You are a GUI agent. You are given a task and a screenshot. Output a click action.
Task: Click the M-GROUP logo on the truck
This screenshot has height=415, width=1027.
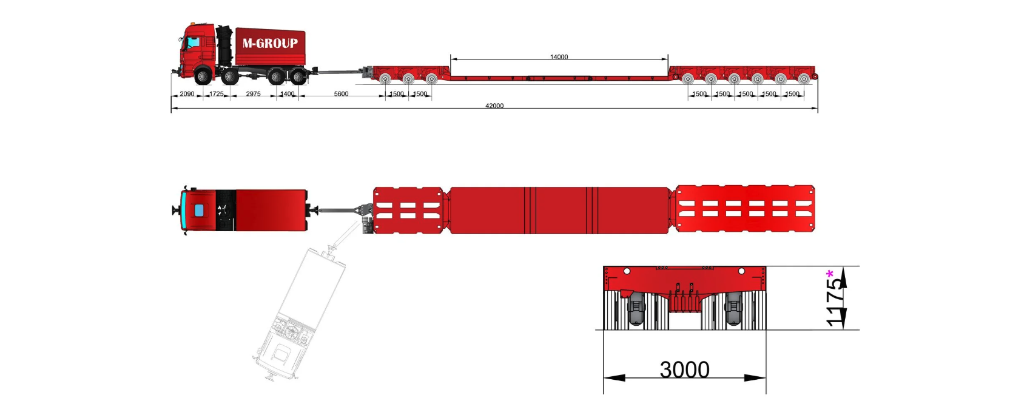[270, 43]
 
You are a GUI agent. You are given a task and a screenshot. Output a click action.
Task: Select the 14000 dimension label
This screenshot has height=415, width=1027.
[559, 57]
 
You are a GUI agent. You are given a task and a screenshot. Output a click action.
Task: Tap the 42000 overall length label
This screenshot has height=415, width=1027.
[494, 106]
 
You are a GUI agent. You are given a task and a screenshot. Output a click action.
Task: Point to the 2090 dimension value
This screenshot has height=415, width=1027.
[187, 94]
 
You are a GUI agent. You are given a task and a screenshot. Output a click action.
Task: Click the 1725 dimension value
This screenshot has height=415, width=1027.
[216, 94]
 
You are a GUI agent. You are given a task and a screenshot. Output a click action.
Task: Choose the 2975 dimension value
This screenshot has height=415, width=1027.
[253, 94]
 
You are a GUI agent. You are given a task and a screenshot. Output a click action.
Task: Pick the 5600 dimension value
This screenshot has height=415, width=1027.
[341, 94]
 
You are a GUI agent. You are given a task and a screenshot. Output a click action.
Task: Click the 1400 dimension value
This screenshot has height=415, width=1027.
[288, 94]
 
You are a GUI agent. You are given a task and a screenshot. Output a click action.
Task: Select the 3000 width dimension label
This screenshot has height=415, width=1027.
[684, 369]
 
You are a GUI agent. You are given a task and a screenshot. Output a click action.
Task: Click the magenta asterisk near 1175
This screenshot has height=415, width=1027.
[829, 275]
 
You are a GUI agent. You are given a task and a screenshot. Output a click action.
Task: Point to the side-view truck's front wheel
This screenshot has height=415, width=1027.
[203, 76]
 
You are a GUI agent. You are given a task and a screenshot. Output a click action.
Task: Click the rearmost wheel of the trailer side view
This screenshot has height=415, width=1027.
[804, 78]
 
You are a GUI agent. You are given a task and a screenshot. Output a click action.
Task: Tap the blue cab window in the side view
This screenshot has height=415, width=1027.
[193, 42]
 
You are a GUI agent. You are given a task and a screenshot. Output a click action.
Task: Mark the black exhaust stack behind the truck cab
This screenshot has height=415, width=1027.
[225, 45]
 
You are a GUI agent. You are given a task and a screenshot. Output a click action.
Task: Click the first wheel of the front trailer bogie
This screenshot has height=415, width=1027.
[385, 79]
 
